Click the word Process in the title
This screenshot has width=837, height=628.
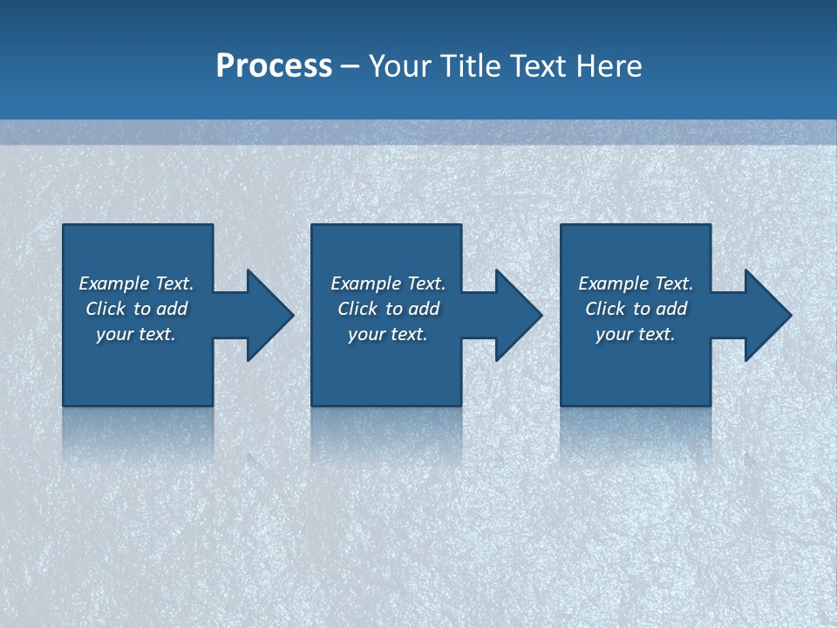click(x=274, y=66)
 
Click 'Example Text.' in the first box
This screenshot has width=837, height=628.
click(x=136, y=283)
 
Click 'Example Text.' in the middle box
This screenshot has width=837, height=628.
click(x=388, y=283)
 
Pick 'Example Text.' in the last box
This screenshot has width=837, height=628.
click(x=636, y=283)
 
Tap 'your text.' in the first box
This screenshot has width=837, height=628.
click(x=136, y=334)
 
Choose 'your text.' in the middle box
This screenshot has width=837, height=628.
click(x=388, y=334)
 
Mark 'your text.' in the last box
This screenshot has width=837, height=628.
click(x=636, y=334)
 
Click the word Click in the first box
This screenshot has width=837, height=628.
click(x=105, y=309)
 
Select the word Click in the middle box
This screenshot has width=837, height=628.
click(x=357, y=309)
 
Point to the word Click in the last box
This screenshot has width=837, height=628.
click(x=605, y=309)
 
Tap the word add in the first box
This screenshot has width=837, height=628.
click(x=172, y=309)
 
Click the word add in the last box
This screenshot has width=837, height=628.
click(x=671, y=309)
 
